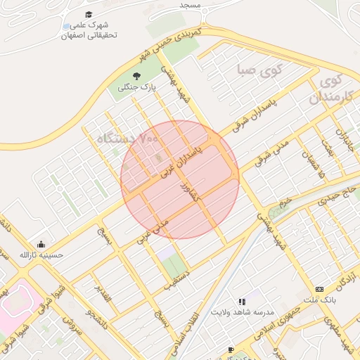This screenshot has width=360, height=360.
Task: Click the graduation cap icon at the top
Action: pyautogui.click(x=88, y=14)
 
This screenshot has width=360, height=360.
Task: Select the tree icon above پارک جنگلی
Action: pyautogui.click(x=136, y=75)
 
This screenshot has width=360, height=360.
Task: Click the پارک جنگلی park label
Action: pyautogui.click(x=136, y=88)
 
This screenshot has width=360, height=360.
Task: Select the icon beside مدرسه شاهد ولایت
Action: pyautogui.click(x=242, y=301)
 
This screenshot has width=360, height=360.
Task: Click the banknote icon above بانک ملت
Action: pyautogui.click(x=320, y=289)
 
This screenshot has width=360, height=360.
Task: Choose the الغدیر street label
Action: pyautogui.click(x=103, y=296)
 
